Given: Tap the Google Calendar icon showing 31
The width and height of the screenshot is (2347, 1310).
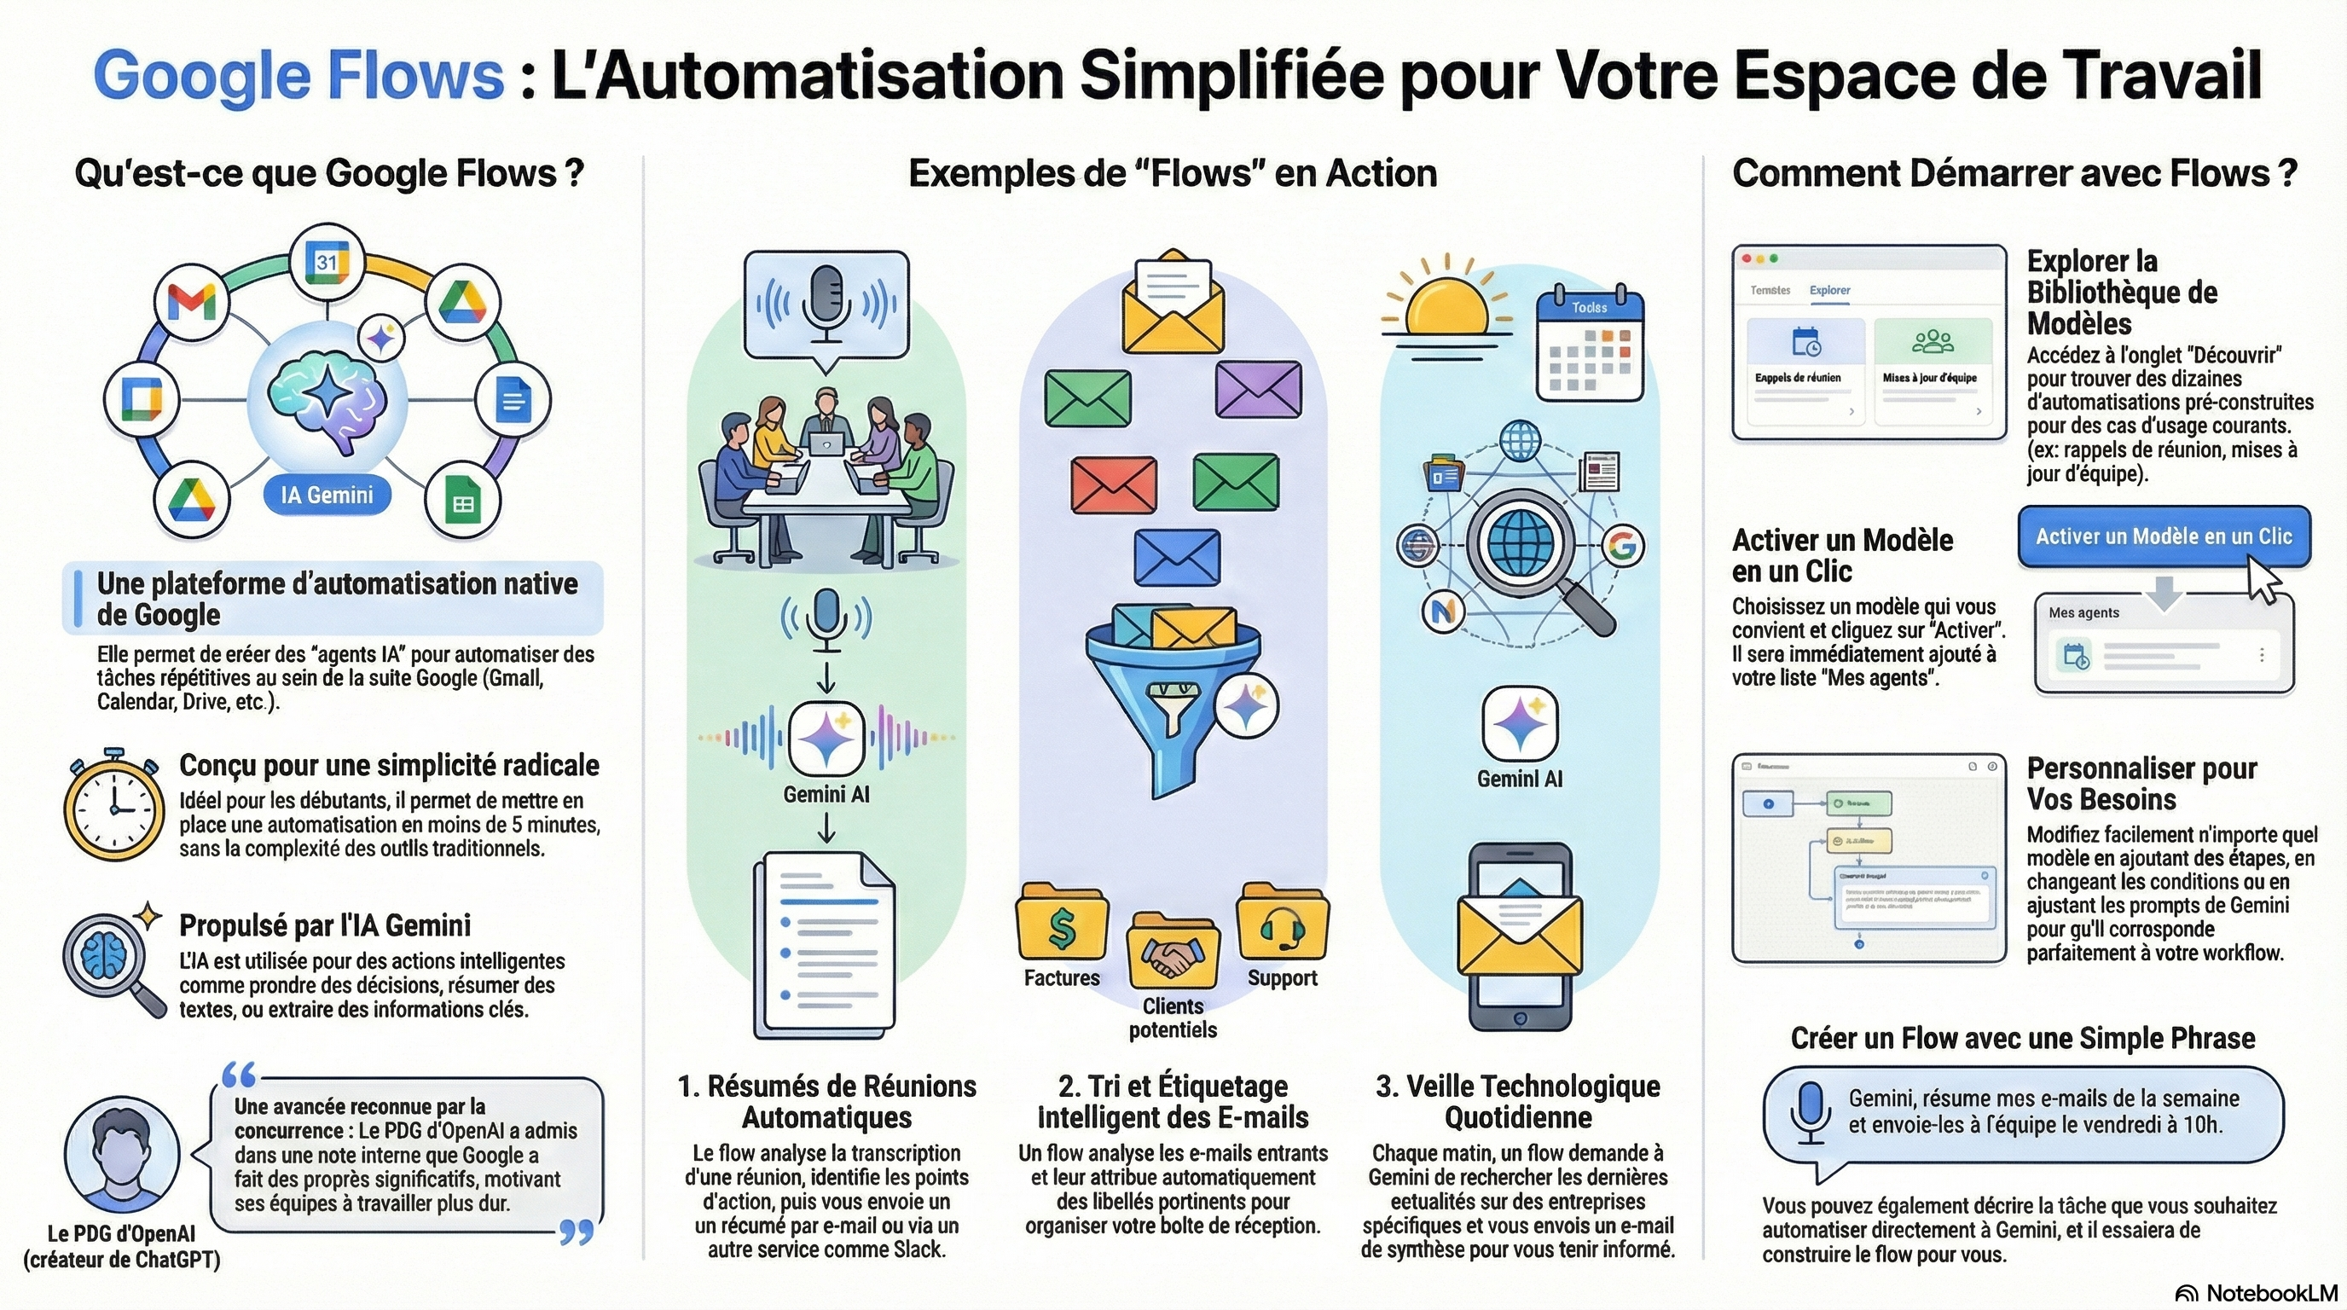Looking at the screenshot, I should click(x=326, y=263).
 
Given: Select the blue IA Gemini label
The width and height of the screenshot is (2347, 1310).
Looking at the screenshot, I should click(x=326, y=495).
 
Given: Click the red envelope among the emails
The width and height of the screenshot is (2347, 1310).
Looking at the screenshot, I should click(x=1113, y=484).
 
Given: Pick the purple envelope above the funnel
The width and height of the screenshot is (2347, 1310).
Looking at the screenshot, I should click(x=1258, y=389).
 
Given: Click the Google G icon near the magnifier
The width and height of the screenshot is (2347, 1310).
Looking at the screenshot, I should click(x=1624, y=546).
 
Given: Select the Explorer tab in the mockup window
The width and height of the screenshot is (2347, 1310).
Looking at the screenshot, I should click(x=1829, y=291).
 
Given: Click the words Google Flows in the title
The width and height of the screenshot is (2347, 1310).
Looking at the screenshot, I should click(x=298, y=75).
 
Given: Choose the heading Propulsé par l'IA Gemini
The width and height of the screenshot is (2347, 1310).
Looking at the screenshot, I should click(x=324, y=925).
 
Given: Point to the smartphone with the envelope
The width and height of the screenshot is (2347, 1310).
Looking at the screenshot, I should click(x=1520, y=938).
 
